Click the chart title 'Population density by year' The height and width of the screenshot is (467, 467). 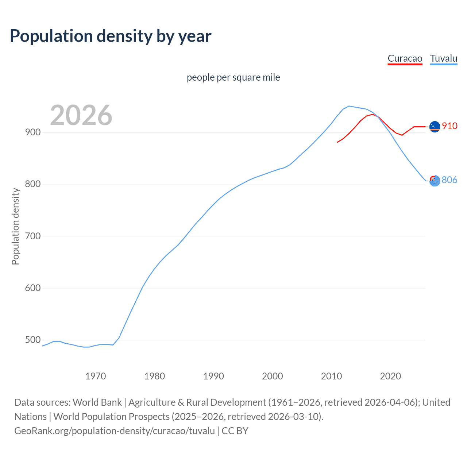[x=111, y=36]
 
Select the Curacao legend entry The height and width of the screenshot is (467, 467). [x=405, y=58]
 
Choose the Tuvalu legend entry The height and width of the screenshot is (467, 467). [x=443, y=58]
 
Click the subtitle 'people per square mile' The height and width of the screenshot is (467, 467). [x=233, y=77]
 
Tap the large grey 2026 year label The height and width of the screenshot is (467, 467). [x=81, y=115]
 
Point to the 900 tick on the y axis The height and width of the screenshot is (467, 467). [x=32, y=132]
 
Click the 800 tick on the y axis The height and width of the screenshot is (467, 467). [x=32, y=184]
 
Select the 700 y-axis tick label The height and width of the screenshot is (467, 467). [x=32, y=236]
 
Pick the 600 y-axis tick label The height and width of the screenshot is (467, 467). [x=32, y=288]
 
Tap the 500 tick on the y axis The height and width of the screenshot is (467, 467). [x=32, y=340]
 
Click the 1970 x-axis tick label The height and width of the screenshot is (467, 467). [x=96, y=376]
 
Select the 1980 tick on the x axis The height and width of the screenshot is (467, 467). [x=155, y=376]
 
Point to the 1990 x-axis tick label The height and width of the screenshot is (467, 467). [x=213, y=376]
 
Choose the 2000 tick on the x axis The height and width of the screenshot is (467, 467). [x=273, y=376]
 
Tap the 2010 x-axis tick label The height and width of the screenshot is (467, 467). [x=331, y=376]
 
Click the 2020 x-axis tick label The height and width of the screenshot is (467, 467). [x=390, y=376]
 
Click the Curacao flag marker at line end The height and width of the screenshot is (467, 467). [x=435, y=127]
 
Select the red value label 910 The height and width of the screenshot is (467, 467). [x=449, y=126]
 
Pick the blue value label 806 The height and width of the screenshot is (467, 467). [x=449, y=180]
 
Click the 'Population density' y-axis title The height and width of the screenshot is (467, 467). [x=15, y=226]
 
